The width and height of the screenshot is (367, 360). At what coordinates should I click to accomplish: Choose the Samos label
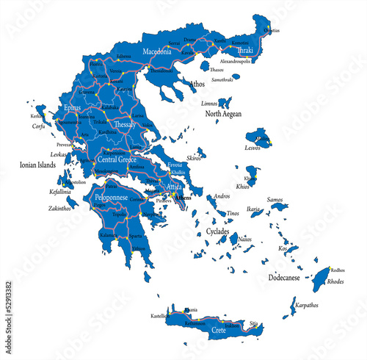click(x=275, y=199)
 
